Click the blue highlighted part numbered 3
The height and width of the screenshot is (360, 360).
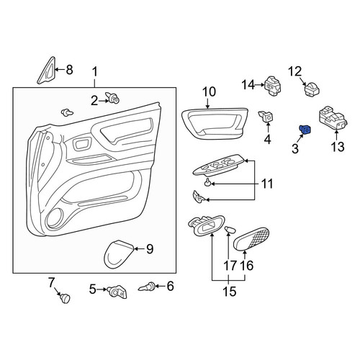click(305, 130)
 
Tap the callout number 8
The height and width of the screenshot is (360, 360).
click(69, 70)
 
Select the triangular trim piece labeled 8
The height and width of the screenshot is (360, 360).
click(47, 71)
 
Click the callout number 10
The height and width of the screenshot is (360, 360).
click(209, 92)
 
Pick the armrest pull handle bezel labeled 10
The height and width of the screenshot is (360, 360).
click(215, 124)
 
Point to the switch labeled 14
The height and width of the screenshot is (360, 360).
click(273, 86)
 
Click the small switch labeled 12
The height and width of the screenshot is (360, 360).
click(312, 89)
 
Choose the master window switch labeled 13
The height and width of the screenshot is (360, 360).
click(333, 118)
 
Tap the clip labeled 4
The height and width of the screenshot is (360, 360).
click(266, 117)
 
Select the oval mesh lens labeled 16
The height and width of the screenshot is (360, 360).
click(251, 239)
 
